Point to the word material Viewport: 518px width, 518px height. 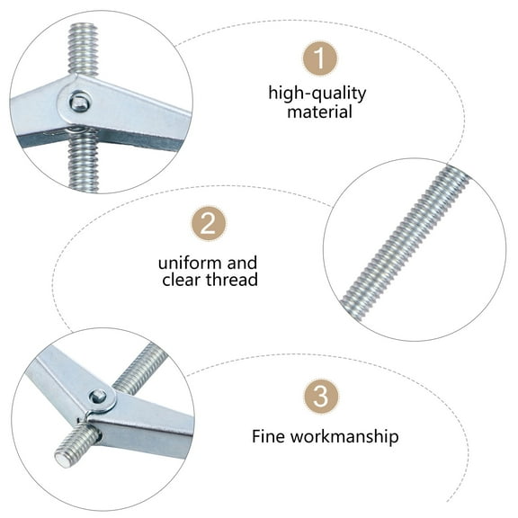pos(319,112)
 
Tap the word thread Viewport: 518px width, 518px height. pos(232,281)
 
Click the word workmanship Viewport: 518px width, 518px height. pos(347,438)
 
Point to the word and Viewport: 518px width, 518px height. pos(241,263)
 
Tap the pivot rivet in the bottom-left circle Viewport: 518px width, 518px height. pos(97,396)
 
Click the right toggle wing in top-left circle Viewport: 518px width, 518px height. pos(144,112)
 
